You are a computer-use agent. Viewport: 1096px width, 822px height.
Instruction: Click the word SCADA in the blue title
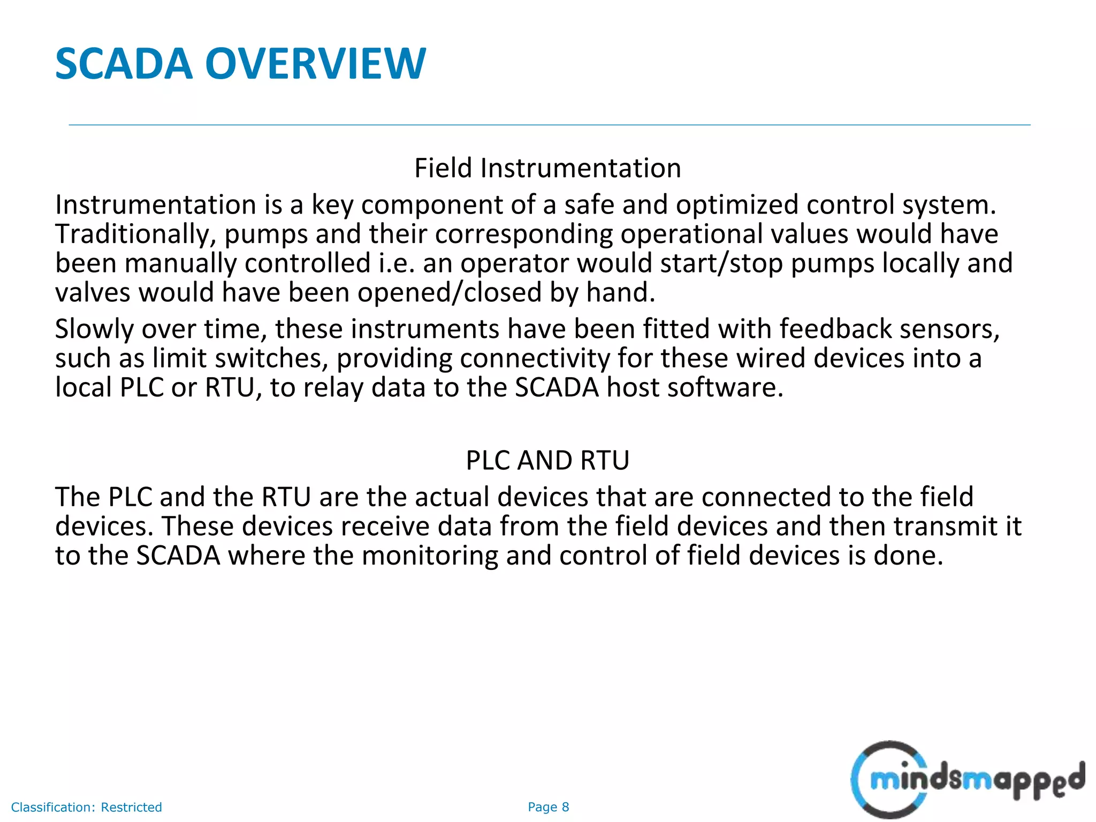(x=124, y=64)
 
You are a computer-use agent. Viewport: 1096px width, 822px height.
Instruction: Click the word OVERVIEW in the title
(x=316, y=64)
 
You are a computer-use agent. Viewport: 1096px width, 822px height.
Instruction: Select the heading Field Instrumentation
(x=547, y=168)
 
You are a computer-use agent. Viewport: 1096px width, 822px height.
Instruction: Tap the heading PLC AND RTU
(x=547, y=460)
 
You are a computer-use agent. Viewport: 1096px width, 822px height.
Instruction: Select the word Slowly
(x=94, y=329)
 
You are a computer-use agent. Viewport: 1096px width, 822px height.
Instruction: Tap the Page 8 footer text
(x=548, y=807)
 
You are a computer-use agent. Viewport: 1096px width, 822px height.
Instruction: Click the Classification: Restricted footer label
(x=86, y=807)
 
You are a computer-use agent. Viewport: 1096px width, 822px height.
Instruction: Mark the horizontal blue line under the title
(x=549, y=125)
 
